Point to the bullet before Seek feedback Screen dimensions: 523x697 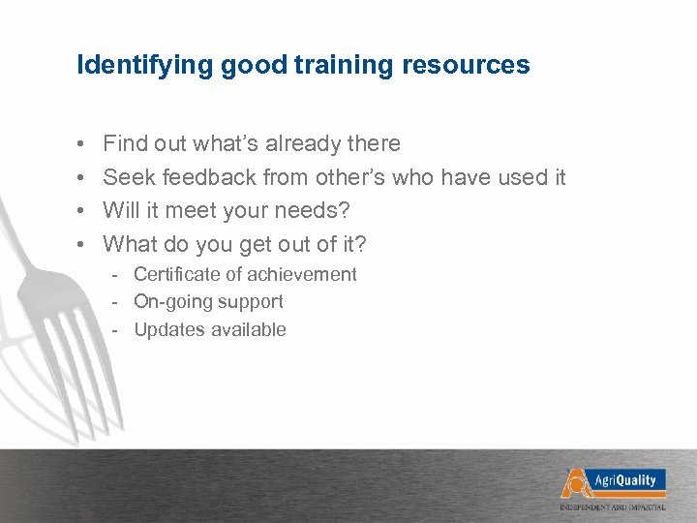click(x=80, y=178)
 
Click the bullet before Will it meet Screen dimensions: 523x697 click(x=80, y=210)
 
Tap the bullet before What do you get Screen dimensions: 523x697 click(x=80, y=243)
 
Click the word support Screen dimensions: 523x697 click(x=251, y=302)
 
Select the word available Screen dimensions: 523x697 click(x=246, y=329)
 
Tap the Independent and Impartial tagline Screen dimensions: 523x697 click(x=613, y=507)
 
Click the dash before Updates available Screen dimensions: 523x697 click(x=115, y=329)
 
